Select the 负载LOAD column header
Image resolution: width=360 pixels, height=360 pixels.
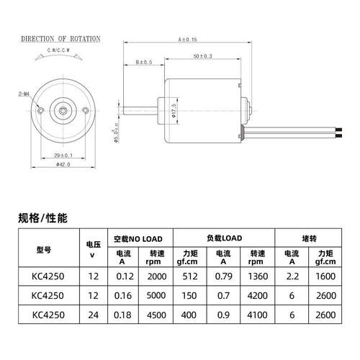click(x=222, y=238)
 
